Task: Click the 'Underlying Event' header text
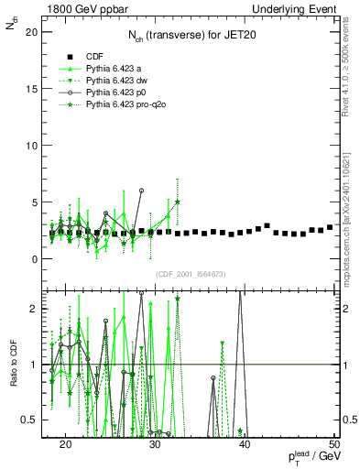pyautogui.click(x=296, y=8)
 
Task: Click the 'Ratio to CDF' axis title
pyautogui.click(x=12, y=363)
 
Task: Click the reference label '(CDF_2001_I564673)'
pyautogui.click(x=190, y=274)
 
